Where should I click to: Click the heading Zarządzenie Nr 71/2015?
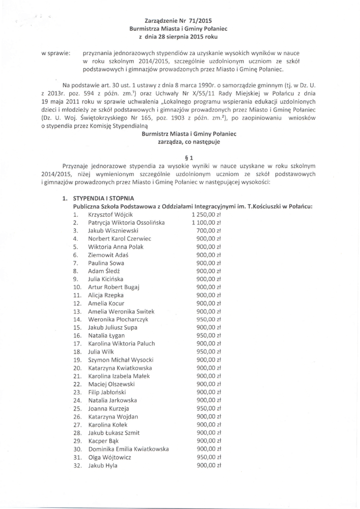pos(178,21)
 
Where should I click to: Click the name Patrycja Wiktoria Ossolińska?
pos(126,222)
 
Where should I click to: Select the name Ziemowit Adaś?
pos(105,254)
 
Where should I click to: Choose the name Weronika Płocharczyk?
pos(118,320)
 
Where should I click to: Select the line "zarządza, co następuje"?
pos(188,142)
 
